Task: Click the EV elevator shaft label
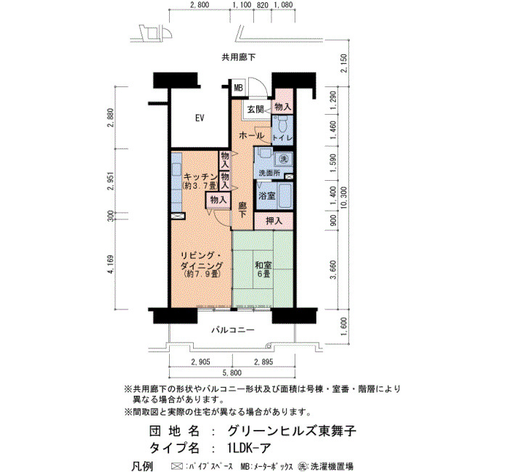[200, 118]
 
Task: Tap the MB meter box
[239, 88]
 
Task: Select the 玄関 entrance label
[255, 110]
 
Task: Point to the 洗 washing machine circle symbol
[284, 159]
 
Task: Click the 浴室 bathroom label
[266, 196]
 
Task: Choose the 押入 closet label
[274, 221]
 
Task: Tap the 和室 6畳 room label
[263, 269]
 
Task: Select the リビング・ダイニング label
[202, 260]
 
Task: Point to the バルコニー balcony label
[233, 330]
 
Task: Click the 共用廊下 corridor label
[239, 57]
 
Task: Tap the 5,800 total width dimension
[232, 373]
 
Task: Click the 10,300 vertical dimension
[344, 198]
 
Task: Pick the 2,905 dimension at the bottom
[200, 362]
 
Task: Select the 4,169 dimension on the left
[111, 265]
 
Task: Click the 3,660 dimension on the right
[333, 269]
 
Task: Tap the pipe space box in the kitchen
[178, 216]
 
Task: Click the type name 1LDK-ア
[248, 448]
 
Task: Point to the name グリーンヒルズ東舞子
[292, 431]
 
